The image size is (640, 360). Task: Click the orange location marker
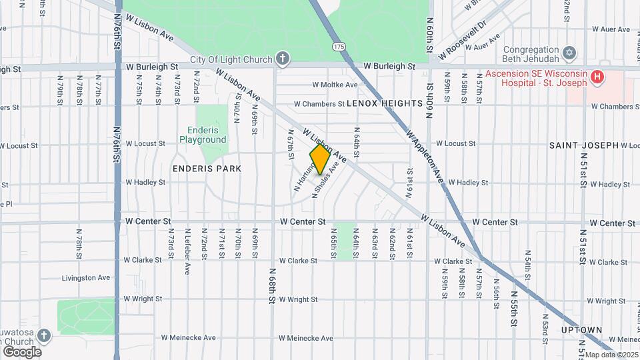point(320,159)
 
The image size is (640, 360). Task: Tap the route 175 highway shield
point(339,46)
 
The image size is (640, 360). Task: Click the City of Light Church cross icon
point(283,59)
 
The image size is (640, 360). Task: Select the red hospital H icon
point(597,77)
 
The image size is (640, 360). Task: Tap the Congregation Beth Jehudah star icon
point(569,52)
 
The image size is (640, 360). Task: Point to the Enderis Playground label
point(203,135)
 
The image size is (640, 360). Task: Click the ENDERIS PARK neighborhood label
point(207,169)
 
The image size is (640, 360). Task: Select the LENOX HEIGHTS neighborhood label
point(385,103)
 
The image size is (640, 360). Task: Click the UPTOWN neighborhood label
point(581,330)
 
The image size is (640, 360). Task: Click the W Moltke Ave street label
point(335,85)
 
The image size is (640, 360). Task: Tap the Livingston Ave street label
point(86,277)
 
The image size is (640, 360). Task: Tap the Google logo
point(22,351)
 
